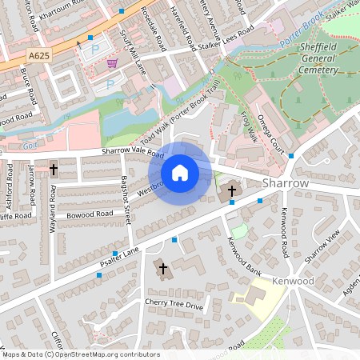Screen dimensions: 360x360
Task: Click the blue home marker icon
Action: pyautogui.click(x=180, y=172)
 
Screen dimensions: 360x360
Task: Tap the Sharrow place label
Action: pyautogui.click(x=285, y=183)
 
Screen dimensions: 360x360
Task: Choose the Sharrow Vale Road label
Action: pyautogui.click(x=132, y=152)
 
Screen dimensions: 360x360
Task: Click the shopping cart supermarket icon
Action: pyautogui.click(x=113, y=62)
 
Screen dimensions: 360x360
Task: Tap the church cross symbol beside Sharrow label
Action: pyautogui.click(x=232, y=191)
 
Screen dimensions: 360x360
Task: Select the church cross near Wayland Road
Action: pyautogui.click(x=54, y=170)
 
